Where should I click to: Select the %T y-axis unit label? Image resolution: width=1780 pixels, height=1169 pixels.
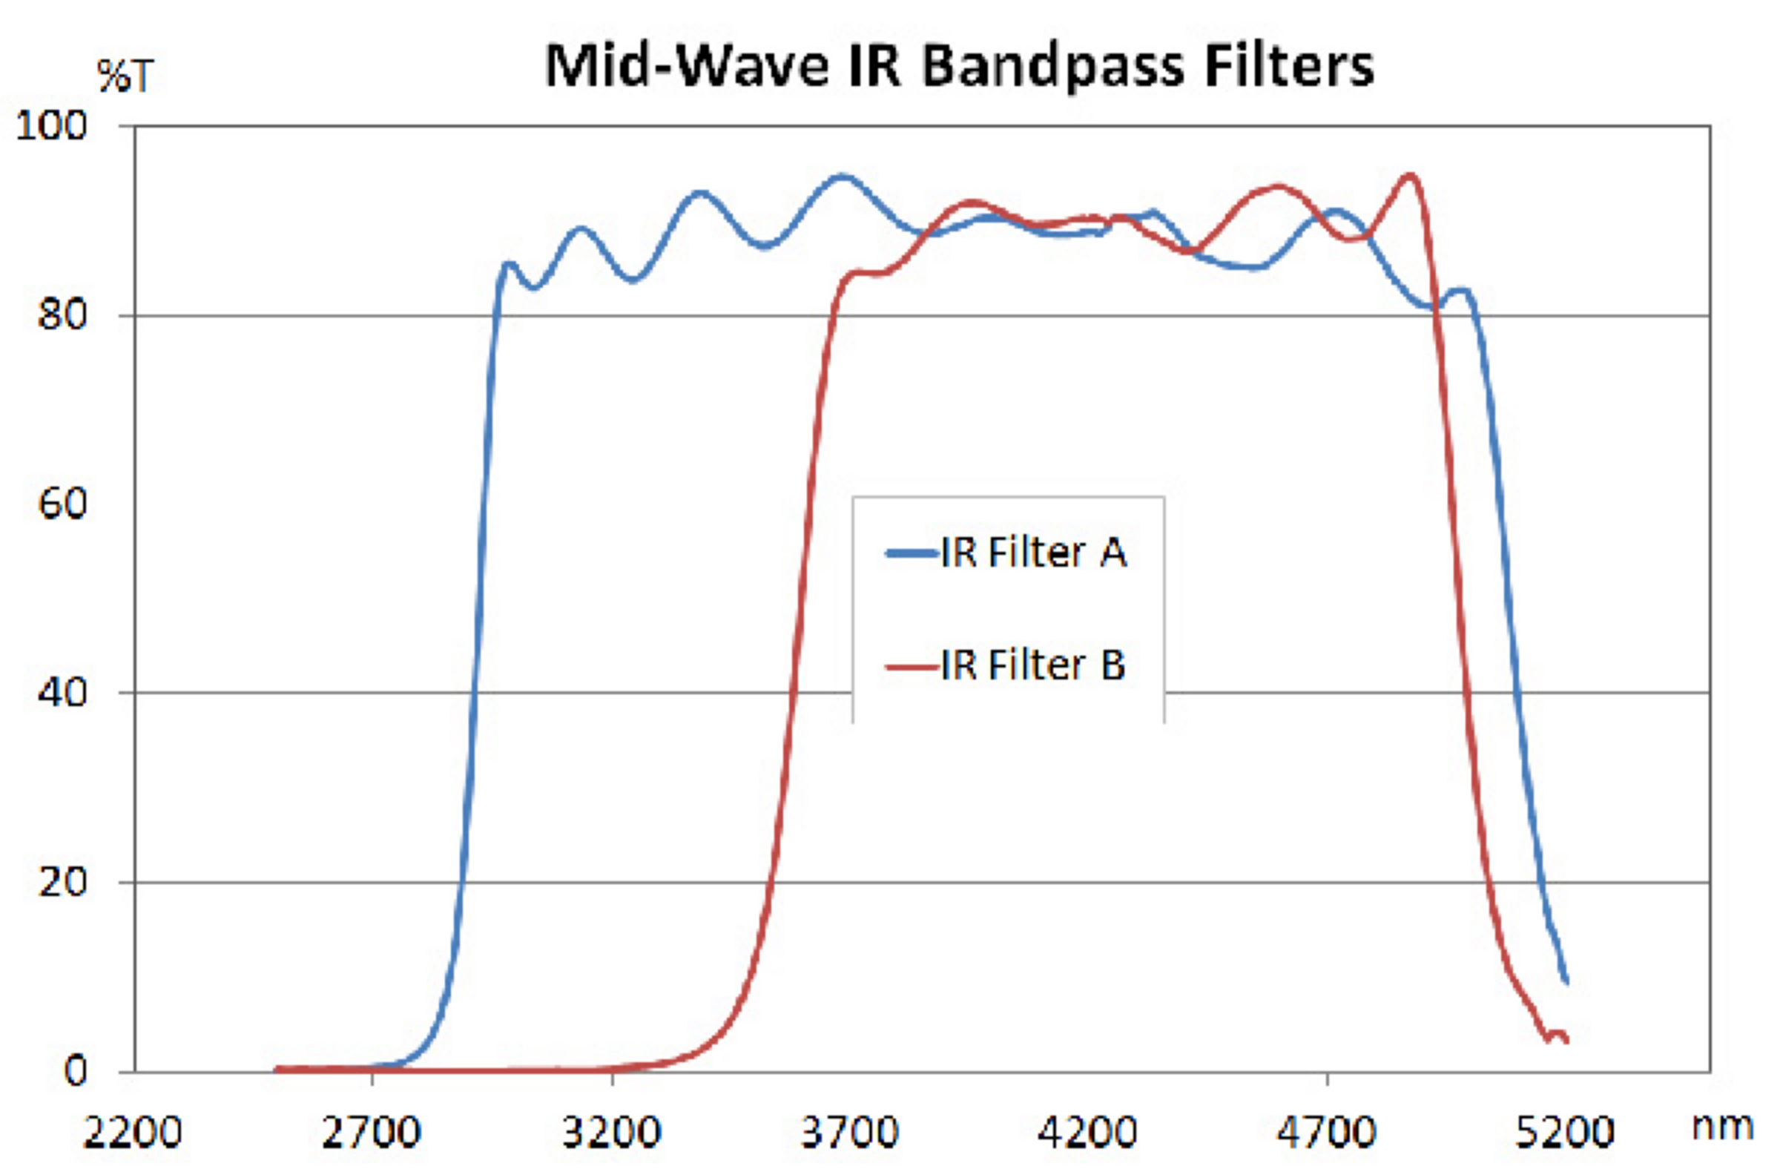pos(125,76)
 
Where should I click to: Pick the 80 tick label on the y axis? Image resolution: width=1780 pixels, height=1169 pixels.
pos(63,316)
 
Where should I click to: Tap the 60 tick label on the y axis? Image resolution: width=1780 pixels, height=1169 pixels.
pos(63,504)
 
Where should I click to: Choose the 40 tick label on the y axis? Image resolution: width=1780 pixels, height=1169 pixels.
pos(63,694)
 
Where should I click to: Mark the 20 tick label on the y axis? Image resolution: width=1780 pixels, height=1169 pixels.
pos(63,883)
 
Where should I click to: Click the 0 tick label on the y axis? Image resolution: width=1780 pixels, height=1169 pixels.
pos(76,1072)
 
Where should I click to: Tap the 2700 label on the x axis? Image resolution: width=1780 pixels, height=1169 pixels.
pos(372,1133)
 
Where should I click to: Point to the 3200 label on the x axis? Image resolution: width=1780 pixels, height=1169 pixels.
pos(611,1133)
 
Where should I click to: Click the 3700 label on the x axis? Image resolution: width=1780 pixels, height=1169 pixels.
pos(850,1133)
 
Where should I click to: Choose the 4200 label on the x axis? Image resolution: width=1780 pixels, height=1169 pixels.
pos(1088,1133)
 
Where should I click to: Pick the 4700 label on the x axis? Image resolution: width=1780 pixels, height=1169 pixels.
pos(1327,1133)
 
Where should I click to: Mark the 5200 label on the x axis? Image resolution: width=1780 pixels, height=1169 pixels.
pos(1566,1133)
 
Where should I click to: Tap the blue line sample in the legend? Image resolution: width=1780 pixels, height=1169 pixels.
pos(912,554)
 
